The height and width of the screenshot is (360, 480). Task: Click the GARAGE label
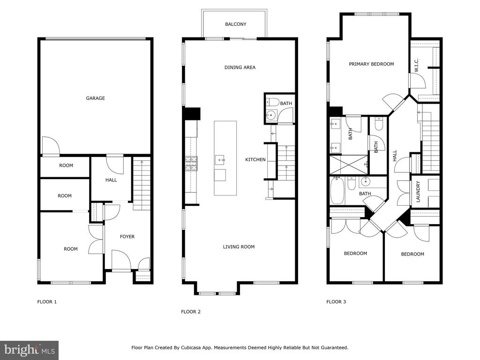pos(95,98)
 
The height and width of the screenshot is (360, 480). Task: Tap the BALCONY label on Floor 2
pos(235,24)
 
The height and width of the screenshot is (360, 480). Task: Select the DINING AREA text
pos(240,67)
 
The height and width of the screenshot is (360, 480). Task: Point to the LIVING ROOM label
pos(239,247)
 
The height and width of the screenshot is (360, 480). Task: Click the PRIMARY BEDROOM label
pos(371,64)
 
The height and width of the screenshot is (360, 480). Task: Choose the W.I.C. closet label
pos(416,65)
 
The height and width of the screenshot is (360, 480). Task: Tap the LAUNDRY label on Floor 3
pos(418,192)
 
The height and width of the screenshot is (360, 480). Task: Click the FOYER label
pos(127,237)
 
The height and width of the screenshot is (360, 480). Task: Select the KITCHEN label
pos(255,159)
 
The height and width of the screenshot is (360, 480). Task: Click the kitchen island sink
pos(220,159)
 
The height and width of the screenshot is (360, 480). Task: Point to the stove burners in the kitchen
pos(191,164)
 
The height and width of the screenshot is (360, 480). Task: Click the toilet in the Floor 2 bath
pos(272,102)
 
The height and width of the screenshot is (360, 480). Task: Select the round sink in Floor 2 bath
pos(270,116)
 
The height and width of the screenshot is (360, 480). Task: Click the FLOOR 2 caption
pos(191,312)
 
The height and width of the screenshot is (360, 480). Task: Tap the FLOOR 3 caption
pos(336,301)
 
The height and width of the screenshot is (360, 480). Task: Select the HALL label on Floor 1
pos(111,180)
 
